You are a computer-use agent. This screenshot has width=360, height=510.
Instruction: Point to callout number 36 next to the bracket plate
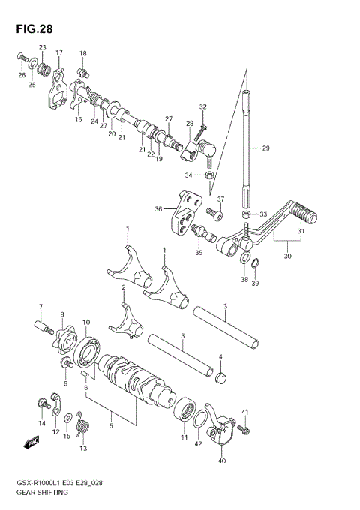159,208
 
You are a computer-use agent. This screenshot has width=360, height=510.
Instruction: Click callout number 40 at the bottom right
220,462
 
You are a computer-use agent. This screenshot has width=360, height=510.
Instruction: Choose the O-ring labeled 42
197,421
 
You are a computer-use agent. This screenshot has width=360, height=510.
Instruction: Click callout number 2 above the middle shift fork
122,287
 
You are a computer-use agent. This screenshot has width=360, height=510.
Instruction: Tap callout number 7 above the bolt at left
41,306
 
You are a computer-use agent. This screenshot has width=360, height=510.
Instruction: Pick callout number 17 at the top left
59,52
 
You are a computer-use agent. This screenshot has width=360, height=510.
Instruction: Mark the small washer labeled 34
211,175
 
